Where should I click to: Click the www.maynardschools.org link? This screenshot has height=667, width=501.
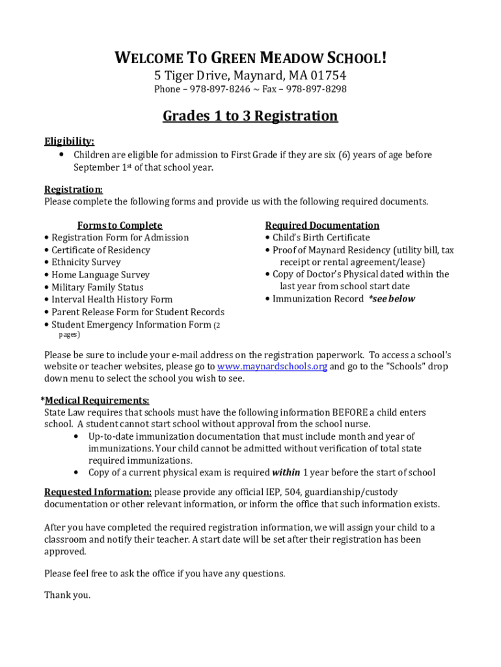click(x=272, y=367)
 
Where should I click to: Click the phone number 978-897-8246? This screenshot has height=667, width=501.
click(x=211, y=89)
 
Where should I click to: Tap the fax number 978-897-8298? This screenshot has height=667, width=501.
click(x=317, y=89)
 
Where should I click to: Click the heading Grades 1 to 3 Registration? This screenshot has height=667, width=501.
click(x=250, y=117)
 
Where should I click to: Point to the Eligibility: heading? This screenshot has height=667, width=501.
click(x=69, y=141)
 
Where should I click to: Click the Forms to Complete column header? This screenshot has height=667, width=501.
click(x=120, y=225)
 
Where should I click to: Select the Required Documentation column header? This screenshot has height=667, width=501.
click(x=322, y=225)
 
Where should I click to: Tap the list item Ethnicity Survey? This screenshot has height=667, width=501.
click(x=86, y=263)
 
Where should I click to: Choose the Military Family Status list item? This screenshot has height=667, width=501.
click(x=98, y=287)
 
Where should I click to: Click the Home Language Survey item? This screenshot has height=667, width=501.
click(x=100, y=275)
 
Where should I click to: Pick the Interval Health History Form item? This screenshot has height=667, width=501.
click(x=112, y=300)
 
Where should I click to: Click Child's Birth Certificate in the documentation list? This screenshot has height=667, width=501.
click(x=321, y=238)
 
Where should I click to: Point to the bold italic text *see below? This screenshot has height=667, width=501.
click(x=392, y=299)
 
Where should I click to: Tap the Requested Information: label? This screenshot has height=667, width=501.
click(x=98, y=492)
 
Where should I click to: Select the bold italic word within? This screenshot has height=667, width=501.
click(x=286, y=473)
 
